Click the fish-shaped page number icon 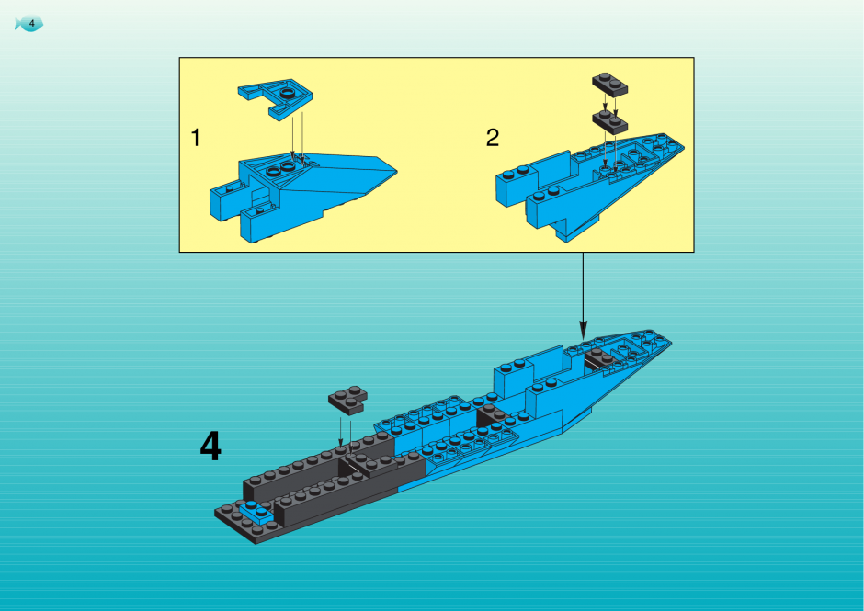click(28, 24)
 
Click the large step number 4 click(210, 447)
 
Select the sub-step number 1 click(195, 138)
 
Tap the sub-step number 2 click(493, 137)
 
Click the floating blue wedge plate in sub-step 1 click(275, 98)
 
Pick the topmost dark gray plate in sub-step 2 click(610, 85)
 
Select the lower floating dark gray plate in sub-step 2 click(610, 121)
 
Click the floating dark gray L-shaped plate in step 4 click(347, 400)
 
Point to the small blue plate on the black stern click(256, 513)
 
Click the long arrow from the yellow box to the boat click(583, 296)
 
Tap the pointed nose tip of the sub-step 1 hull click(395, 171)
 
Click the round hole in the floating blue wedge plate click(287, 93)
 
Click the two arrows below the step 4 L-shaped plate click(346, 432)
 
